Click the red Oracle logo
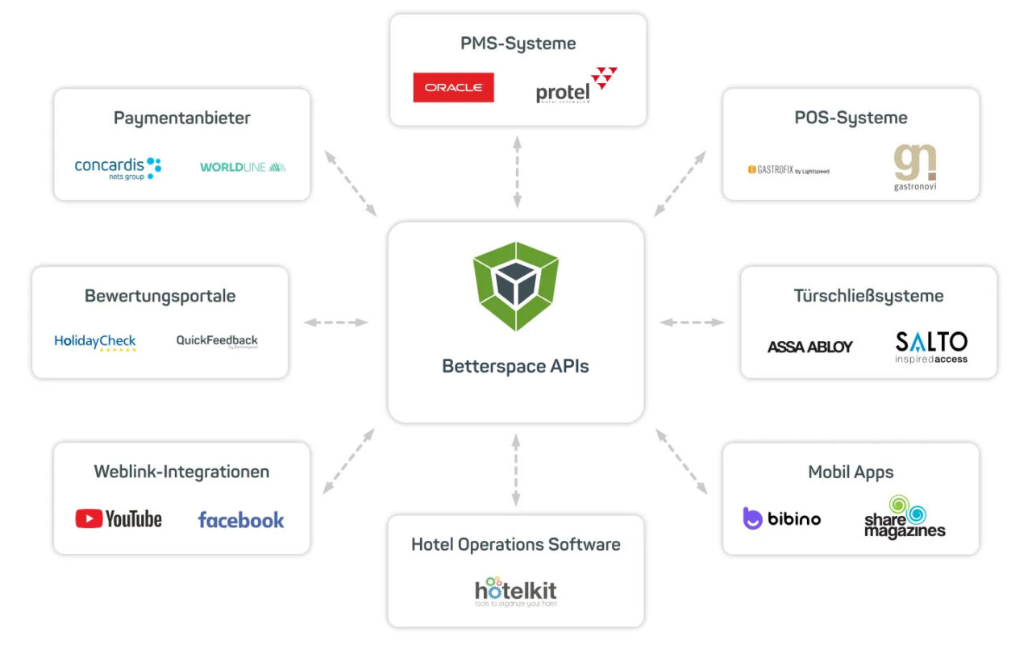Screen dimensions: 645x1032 point(453,88)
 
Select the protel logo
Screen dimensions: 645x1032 point(576,86)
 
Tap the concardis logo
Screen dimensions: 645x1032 point(118,168)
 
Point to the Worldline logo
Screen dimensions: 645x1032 point(243,168)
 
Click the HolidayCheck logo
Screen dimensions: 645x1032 point(95,342)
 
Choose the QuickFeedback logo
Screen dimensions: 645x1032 point(217,341)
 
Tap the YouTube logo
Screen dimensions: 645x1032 point(119,519)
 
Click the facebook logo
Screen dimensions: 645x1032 point(241,520)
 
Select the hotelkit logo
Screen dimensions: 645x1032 point(516,592)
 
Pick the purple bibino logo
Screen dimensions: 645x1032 point(781,518)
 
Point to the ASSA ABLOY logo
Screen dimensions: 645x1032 point(809,347)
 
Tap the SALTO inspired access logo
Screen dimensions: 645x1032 point(931,347)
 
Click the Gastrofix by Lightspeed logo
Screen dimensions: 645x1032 point(788,170)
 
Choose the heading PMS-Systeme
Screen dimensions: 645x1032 point(518,44)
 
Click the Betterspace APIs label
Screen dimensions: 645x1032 point(516,366)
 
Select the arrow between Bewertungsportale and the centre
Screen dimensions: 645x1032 point(336,322)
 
